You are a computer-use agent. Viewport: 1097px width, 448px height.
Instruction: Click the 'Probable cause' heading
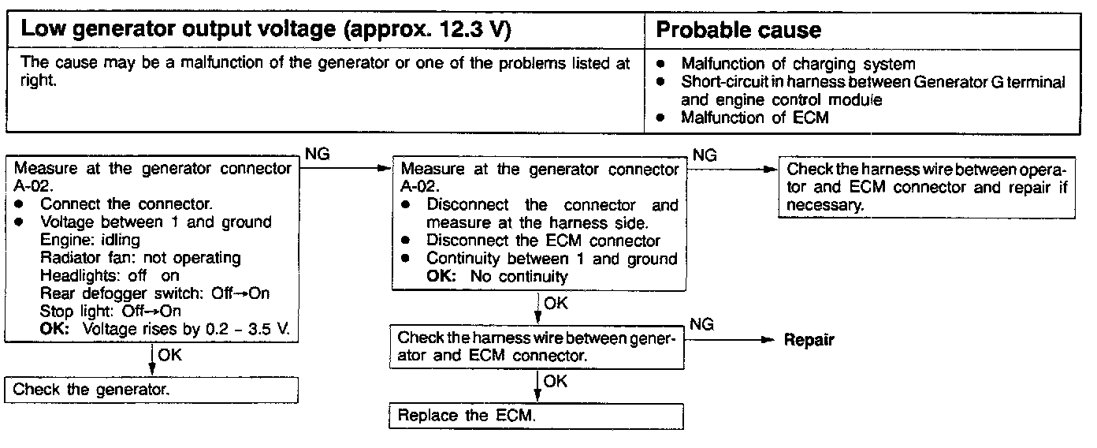pyautogui.click(x=738, y=31)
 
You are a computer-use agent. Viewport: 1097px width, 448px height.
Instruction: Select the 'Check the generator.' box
pyautogui.click(x=152, y=390)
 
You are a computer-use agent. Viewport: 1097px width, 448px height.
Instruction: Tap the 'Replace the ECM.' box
pyautogui.click(x=536, y=416)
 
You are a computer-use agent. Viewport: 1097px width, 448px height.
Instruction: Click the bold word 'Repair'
pyautogui.click(x=809, y=341)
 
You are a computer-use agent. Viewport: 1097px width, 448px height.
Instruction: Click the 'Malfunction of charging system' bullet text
pyautogui.click(x=798, y=64)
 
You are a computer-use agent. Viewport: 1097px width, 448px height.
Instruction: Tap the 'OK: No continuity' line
pyautogui.click(x=496, y=277)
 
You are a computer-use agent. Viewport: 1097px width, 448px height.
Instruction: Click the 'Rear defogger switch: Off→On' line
pyautogui.click(x=155, y=293)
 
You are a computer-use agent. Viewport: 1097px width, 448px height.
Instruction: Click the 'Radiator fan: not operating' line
pyautogui.click(x=140, y=258)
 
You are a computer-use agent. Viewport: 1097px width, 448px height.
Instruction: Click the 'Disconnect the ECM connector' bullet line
pyautogui.click(x=543, y=240)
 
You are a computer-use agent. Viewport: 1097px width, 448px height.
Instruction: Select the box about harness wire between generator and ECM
pyautogui.click(x=536, y=347)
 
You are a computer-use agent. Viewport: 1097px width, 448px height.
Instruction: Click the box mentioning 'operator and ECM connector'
pyautogui.click(x=926, y=187)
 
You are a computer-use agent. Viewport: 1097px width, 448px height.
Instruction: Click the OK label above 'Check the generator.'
pyautogui.click(x=169, y=356)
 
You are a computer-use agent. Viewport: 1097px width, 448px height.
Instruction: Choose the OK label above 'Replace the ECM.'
pyautogui.click(x=555, y=382)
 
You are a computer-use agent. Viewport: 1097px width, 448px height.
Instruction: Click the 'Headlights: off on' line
pyautogui.click(x=110, y=276)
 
